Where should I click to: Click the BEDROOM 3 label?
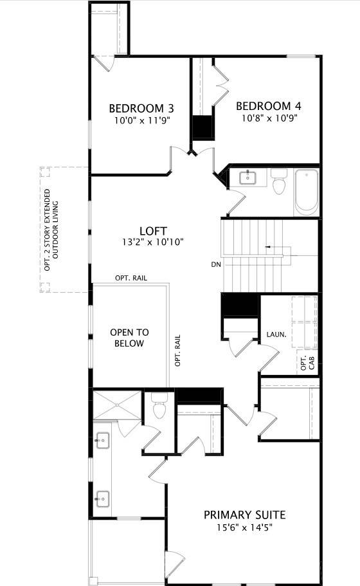pyautogui.click(x=141, y=108)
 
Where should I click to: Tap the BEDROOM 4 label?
pyautogui.click(x=269, y=106)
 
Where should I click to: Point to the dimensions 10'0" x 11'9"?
pyautogui.click(x=141, y=120)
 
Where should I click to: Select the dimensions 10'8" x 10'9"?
pyautogui.click(x=269, y=118)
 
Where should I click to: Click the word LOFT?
pyautogui.click(x=154, y=231)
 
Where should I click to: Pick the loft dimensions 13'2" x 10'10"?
pyautogui.click(x=154, y=242)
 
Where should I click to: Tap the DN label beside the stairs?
pyautogui.click(x=215, y=264)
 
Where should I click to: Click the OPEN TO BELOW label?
pyautogui.click(x=129, y=338)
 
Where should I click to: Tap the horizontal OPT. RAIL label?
pyautogui.click(x=132, y=278)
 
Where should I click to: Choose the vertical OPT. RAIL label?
pyautogui.click(x=178, y=351)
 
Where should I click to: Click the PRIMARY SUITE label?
pyautogui.click(x=244, y=515)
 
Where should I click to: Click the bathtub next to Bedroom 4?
pyautogui.click(x=307, y=191)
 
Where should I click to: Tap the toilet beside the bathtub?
pyautogui.click(x=279, y=181)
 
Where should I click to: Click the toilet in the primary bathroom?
pyautogui.click(x=159, y=408)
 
